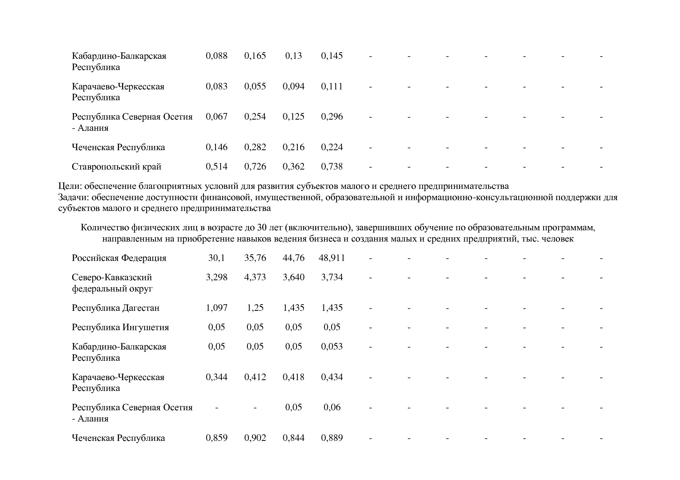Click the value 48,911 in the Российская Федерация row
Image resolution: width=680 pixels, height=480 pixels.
point(331,258)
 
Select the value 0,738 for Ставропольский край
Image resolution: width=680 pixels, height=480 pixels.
point(331,167)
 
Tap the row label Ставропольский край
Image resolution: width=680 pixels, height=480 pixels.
point(116,167)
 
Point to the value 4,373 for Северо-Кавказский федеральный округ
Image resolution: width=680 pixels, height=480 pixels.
point(255,278)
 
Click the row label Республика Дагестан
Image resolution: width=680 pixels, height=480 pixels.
point(116,308)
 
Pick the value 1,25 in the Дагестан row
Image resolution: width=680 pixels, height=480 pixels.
point(255,308)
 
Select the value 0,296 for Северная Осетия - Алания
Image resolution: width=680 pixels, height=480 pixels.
point(331,117)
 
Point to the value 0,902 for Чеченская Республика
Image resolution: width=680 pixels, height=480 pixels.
point(255,438)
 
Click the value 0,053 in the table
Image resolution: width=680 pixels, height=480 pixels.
point(331,346)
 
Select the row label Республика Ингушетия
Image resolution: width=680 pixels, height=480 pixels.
point(120,327)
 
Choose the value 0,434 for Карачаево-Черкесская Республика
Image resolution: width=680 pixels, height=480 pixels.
point(331,377)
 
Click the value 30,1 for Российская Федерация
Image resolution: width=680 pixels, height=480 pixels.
point(216,258)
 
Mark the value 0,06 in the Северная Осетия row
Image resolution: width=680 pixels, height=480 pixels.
point(332,408)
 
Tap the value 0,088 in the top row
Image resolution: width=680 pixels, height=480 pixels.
point(216,56)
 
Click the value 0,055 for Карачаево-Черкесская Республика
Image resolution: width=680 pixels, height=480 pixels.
point(255,86)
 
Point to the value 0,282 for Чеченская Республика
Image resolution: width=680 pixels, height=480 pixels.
point(255,147)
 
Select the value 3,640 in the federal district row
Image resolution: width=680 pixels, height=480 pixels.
point(293,278)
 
